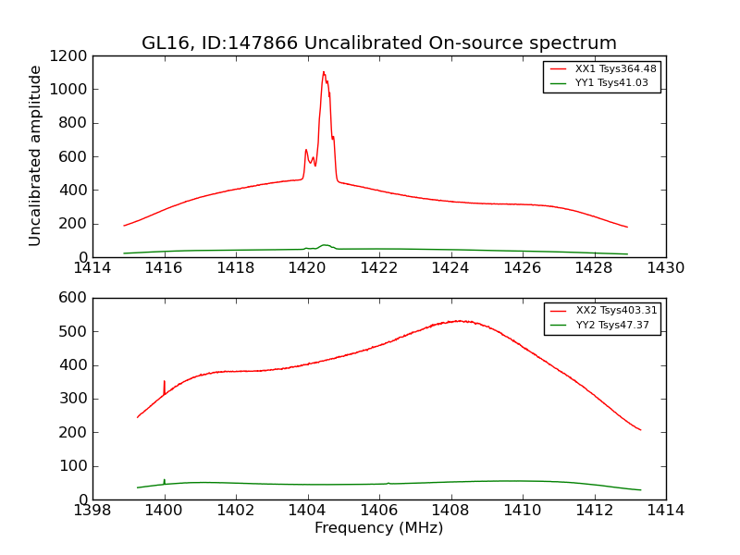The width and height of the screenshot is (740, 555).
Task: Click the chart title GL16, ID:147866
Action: (378, 43)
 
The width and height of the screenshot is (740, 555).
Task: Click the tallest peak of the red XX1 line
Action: (324, 72)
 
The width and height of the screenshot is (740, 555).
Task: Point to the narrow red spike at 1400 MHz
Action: (165, 381)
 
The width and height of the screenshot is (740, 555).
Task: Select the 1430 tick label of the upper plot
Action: (665, 269)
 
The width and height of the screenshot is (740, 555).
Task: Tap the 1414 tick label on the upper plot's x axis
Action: (92, 269)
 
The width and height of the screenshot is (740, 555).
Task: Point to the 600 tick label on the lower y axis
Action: (74, 298)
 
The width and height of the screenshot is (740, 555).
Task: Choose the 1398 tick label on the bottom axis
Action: (92, 512)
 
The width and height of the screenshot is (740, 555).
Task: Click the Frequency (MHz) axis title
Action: (378, 528)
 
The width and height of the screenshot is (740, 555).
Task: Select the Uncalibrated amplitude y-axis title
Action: (35, 155)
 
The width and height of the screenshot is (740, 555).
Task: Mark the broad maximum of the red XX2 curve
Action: (459, 321)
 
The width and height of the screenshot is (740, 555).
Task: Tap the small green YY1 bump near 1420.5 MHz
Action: (325, 245)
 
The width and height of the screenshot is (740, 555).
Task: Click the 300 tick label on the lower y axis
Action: (74, 399)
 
